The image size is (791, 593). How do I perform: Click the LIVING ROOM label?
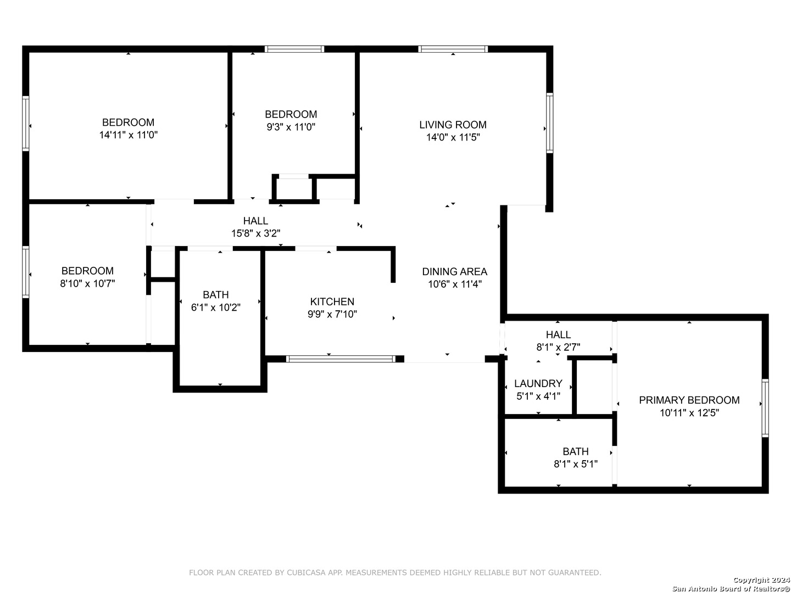(x=453, y=125)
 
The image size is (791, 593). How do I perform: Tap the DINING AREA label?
(x=454, y=271)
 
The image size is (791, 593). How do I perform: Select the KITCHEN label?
(x=332, y=301)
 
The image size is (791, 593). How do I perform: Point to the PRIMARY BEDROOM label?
(x=689, y=400)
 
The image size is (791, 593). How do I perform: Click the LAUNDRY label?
(x=538, y=383)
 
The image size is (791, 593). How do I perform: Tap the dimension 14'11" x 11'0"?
(x=129, y=135)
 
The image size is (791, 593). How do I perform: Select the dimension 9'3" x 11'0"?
(x=291, y=127)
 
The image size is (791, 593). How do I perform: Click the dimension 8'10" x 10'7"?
(x=87, y=283)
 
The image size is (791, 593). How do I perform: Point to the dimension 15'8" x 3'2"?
(x=255, y=233)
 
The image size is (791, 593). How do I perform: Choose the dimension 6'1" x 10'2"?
(x=215, y=307)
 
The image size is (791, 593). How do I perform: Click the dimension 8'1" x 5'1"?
(x=576, y=464)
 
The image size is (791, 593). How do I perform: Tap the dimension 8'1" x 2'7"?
(x=558, y=347)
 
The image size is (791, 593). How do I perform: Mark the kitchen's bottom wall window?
(x=341, y=359)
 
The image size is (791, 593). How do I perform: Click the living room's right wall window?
(x=549, y=123)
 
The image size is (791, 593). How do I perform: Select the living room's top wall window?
(x=453, y=49)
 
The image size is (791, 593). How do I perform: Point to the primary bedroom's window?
(x=765, y=408)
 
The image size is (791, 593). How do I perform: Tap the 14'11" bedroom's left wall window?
(x=26, y=124)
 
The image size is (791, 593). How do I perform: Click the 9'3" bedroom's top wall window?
(x=294, y=49)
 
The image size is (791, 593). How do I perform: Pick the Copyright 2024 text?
(x=761, y=580)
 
